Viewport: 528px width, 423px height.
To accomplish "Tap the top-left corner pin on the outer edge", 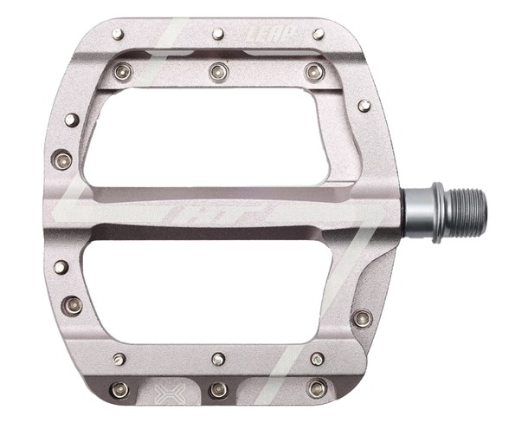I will tap(118, 34).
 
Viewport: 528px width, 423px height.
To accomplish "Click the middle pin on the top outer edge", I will tap(218, 34).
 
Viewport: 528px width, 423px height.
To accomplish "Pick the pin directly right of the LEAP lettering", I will tap(319, 34).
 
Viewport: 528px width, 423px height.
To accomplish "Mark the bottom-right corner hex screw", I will tap(317, 388).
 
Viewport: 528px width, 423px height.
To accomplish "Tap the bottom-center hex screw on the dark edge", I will tap(218, 389).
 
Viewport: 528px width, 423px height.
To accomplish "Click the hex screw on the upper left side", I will tap(62, 159).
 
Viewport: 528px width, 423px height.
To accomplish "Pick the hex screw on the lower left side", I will tap(72, 305).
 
